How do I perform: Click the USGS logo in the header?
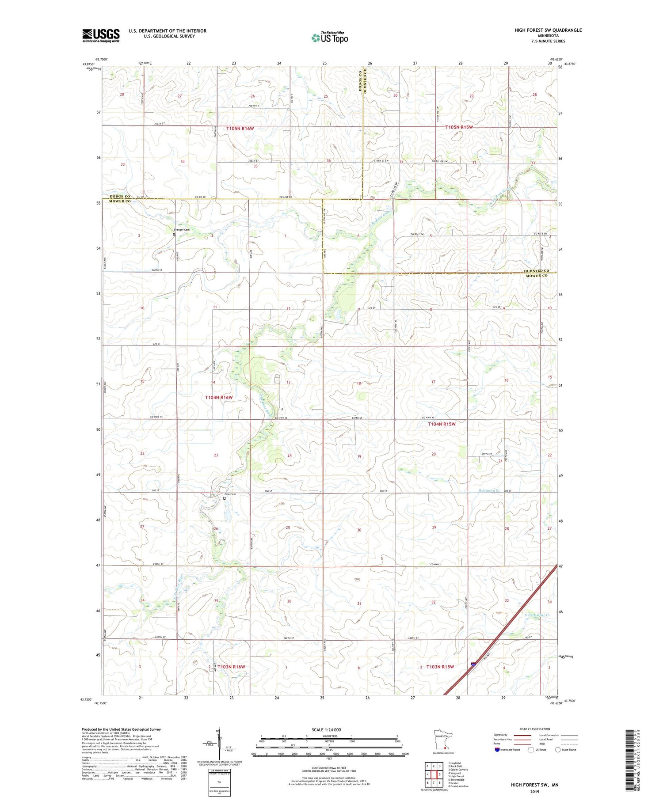pos(101,35)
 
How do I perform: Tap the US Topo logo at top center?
pos(330,38)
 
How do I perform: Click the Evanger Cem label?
pos(181,229)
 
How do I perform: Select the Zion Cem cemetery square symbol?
pos(224,498)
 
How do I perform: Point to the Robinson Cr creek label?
pos(489,490)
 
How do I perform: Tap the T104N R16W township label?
pos(218,398)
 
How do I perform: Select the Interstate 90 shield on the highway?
pos(473,664)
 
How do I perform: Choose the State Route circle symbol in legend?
pos(558,749)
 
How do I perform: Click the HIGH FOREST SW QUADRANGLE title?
pos(548,30)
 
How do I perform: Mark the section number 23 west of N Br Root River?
pos(216,455)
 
